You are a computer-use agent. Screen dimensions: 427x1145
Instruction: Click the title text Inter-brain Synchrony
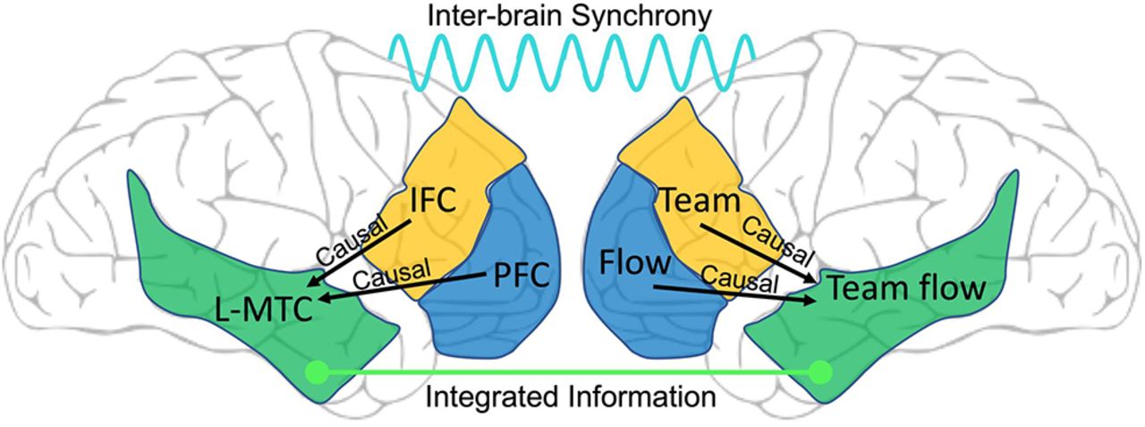pos(571,16)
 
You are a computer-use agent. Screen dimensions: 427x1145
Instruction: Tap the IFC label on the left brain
pos(433,201)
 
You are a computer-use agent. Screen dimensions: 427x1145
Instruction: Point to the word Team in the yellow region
pos(700,201)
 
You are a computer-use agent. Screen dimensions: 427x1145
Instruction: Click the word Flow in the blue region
pos(637,264)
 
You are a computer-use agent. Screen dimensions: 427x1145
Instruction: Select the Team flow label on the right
pos(906,288)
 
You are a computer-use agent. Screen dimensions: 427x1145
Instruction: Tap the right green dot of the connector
pos(820,370)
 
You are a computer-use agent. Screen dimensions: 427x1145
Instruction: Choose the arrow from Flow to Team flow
pos(734,294)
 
